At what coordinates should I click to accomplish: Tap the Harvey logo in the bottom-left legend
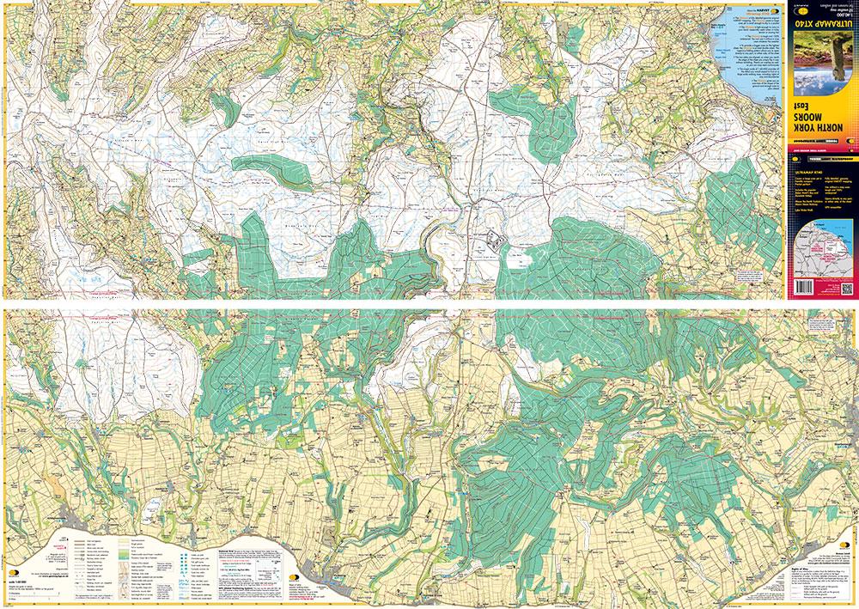point(15,573)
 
